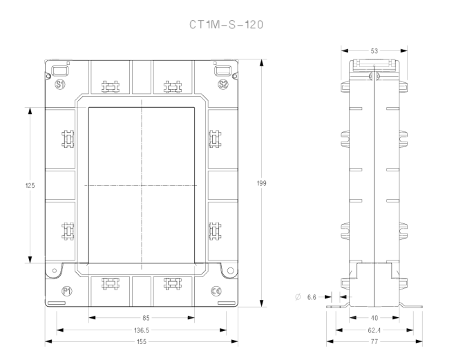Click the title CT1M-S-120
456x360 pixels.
point(226,25)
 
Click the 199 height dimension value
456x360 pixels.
point(261,183)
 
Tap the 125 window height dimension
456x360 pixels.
point(30,185)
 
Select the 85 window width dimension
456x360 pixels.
point(146,318)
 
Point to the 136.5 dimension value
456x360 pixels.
point(142,330)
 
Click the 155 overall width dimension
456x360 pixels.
point(142,341)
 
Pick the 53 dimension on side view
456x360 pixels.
point(374,51)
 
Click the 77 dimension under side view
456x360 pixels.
point(374,341)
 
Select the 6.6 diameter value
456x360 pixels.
point(312,297)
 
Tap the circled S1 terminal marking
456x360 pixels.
point(60,84)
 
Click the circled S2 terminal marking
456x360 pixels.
point(223,84)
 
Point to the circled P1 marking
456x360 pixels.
point(67,291)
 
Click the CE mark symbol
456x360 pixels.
point(216,291)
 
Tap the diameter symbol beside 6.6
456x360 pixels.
point(298,297)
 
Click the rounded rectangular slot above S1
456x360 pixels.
point(60,70)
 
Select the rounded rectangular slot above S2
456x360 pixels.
point(223,70)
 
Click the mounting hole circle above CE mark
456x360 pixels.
point(230,271)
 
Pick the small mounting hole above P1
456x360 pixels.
point(55,271)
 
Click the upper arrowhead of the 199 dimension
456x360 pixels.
point(262,63)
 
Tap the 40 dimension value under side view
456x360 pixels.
point(374,318)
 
